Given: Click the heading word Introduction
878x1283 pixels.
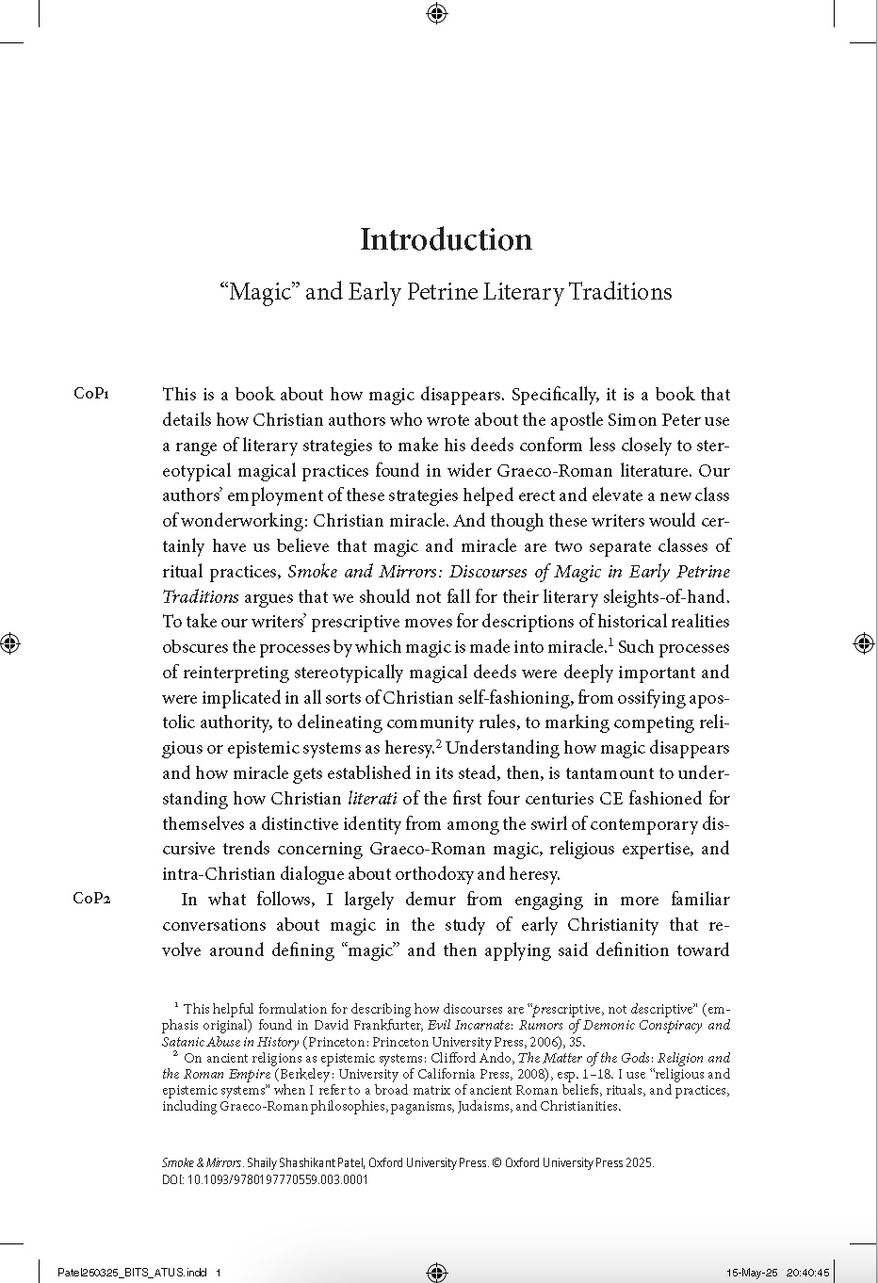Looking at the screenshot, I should (446, 239).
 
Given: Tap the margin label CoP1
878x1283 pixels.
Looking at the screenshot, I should (91, 394).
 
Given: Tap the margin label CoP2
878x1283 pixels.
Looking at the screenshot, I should (91, 898).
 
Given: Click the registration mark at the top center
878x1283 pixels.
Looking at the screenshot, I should (436, 12).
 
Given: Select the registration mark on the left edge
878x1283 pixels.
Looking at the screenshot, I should (10, 643).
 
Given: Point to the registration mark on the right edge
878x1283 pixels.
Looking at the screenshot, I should (864, 643).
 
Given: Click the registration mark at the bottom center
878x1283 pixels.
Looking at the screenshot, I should (436, 1273).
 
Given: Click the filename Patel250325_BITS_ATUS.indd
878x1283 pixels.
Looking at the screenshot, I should (132, 1273).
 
